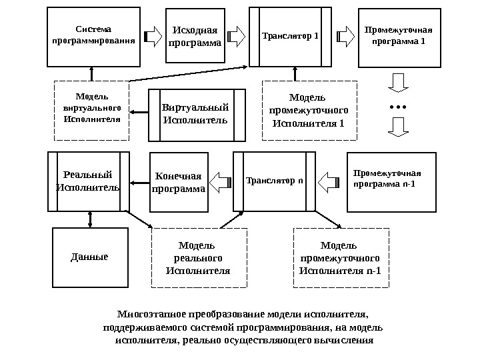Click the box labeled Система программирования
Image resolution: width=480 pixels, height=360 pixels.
(x=93, y=37)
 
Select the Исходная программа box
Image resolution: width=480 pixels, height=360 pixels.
(x=195, y=35)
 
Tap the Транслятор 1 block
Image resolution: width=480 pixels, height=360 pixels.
(x=291, y=37)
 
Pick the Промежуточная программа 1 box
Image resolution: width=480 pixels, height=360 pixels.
(x=400, y=38)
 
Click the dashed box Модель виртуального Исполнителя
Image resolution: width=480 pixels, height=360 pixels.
(x=91, y=111)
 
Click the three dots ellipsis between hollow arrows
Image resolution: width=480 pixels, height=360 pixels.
(x=397, y=107)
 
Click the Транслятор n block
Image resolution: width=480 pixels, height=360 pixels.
(x=273, y=181)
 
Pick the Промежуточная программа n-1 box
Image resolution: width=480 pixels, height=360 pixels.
(x=391, y=180)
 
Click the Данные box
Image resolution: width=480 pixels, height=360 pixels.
(x=89, y=257)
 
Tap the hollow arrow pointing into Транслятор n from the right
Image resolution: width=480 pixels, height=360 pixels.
(x=329, y=181)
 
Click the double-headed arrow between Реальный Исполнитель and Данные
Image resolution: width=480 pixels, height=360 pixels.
(x=89, y=219)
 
